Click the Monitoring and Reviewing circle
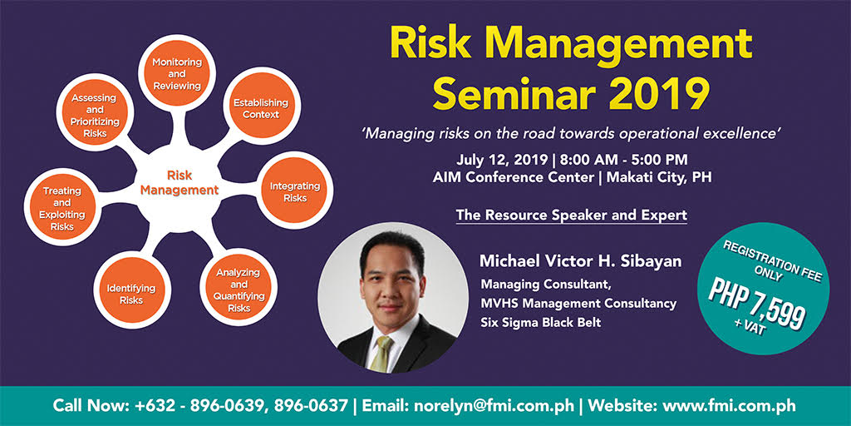pos(176,74)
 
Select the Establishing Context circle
pos(260,109)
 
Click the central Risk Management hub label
pos(180,183)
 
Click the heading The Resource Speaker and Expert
pos(571,215)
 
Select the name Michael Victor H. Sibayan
pos(580,261)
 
